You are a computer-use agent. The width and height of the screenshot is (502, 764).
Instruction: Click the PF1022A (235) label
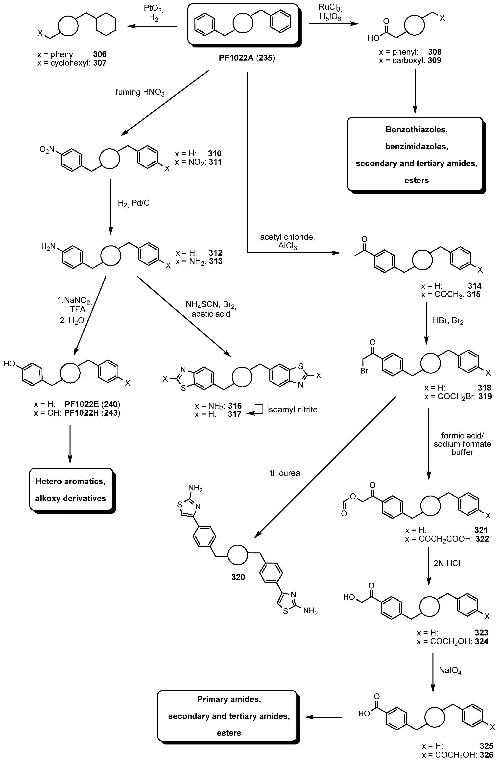click(x=247, y=58)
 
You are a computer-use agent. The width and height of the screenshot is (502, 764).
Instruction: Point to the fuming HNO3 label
click(x=140, y=92)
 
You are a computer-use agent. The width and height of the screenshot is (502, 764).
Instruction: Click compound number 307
click(x=100, y=63)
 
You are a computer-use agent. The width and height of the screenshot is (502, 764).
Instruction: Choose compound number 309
click(x=434, y=60)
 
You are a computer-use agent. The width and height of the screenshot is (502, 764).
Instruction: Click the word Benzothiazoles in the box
click(x=417, y=130)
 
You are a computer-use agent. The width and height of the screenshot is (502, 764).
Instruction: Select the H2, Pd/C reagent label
click(x=134, y=203)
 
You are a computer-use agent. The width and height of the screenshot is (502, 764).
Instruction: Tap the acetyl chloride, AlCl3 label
click(x=287, y=241)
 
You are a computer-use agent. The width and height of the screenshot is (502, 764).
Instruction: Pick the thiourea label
click(x=285, y=473)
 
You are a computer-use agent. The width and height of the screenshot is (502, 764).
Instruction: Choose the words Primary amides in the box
click(x=229, y=699)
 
